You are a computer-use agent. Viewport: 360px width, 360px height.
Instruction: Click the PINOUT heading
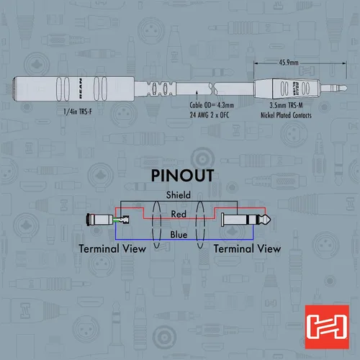(182, 176)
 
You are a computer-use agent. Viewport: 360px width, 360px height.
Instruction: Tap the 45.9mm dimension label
(289, 63)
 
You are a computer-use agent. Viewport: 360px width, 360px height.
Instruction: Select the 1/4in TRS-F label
(78, 112)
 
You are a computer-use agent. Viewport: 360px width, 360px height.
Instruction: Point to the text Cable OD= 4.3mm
(212, 105)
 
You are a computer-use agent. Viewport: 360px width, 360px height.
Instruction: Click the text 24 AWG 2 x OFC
(210, 115)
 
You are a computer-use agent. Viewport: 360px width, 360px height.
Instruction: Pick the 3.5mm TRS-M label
(286, 105)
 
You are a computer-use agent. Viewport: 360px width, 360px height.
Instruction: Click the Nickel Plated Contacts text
(286, 115)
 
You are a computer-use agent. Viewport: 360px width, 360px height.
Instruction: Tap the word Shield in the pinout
(179, 195)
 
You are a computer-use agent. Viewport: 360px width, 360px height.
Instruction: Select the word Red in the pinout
(179, 214)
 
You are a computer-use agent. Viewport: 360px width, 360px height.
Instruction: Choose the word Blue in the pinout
(179, 235)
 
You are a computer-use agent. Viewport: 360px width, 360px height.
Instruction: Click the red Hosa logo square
(327, 327)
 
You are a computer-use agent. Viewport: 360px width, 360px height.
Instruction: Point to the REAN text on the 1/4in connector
(81, 88)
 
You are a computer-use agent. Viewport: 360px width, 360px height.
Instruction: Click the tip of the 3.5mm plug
(346, 88)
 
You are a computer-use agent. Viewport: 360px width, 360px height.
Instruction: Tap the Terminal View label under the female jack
(112, 248)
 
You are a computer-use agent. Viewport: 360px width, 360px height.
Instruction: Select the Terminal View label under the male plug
(247, 248)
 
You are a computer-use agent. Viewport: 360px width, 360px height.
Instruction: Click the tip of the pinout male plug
(270, 220)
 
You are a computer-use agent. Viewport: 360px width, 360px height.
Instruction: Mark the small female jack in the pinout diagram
(108, 220)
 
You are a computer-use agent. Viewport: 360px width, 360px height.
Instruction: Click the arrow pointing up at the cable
(197, 95)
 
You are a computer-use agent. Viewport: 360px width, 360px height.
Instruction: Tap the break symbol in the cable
(212, 89)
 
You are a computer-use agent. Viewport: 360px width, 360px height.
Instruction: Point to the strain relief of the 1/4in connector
(156, 89)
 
